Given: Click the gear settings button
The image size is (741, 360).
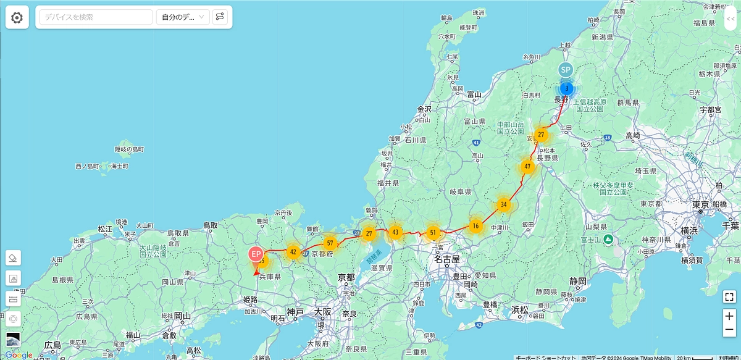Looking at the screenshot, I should pos(17,17).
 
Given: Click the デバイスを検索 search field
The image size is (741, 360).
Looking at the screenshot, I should pos(96,17).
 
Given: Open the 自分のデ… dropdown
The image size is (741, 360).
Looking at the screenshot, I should pos(183,17).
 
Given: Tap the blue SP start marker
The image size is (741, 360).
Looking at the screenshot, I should pos(566,70).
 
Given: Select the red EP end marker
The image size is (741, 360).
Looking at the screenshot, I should pos(256,253).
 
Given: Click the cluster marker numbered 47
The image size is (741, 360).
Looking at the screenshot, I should pos(527,166).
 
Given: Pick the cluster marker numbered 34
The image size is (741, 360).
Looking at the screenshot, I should pos(504,204).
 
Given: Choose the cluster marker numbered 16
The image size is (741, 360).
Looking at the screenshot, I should pos(475,226).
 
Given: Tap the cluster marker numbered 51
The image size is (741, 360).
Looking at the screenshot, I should pos(433,233).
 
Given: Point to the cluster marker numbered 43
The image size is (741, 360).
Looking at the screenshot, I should pos(396,232).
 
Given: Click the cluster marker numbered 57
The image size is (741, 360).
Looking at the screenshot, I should pos(330,243).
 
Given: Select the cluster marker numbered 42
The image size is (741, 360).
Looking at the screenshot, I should pos(293,251).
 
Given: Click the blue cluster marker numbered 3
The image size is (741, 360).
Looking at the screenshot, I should pos(566,89).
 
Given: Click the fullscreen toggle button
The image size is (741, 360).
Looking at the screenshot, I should pos(729,296).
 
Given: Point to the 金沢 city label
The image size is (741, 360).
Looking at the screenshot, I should pos(424,109).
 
